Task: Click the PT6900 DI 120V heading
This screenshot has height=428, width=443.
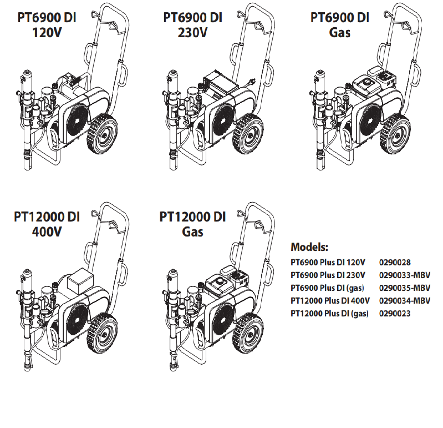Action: click(x=47, y=24)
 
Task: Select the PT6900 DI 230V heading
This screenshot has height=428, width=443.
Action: click(x=192, y=24)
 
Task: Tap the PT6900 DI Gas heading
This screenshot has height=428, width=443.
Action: click(x=339, y=24)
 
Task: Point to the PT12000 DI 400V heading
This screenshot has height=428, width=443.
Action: click(x=47, y=224)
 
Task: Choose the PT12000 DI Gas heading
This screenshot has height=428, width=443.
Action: click(x=192, y=224)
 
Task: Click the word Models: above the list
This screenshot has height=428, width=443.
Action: click(x=310, y=246)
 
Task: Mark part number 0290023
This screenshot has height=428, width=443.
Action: click(x=394, y=314)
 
